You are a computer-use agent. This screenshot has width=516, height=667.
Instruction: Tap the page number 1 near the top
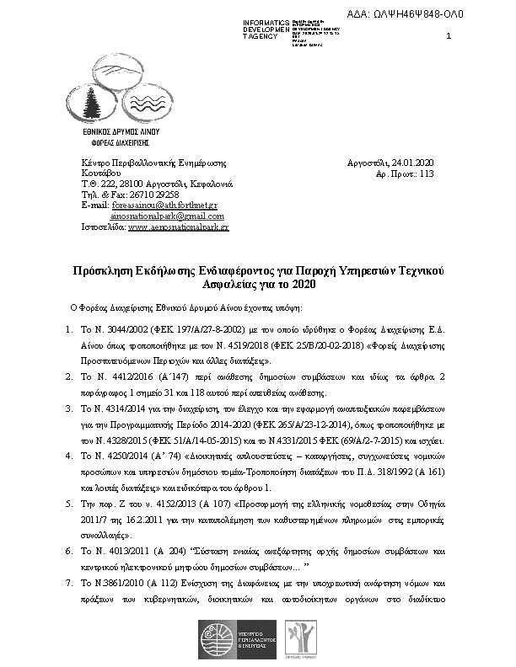(x=448, y=35)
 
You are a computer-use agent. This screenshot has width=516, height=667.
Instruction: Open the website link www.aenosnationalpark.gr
(x=179, y=227)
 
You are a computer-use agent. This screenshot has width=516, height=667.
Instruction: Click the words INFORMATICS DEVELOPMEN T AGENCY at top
(x=266, y=28)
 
